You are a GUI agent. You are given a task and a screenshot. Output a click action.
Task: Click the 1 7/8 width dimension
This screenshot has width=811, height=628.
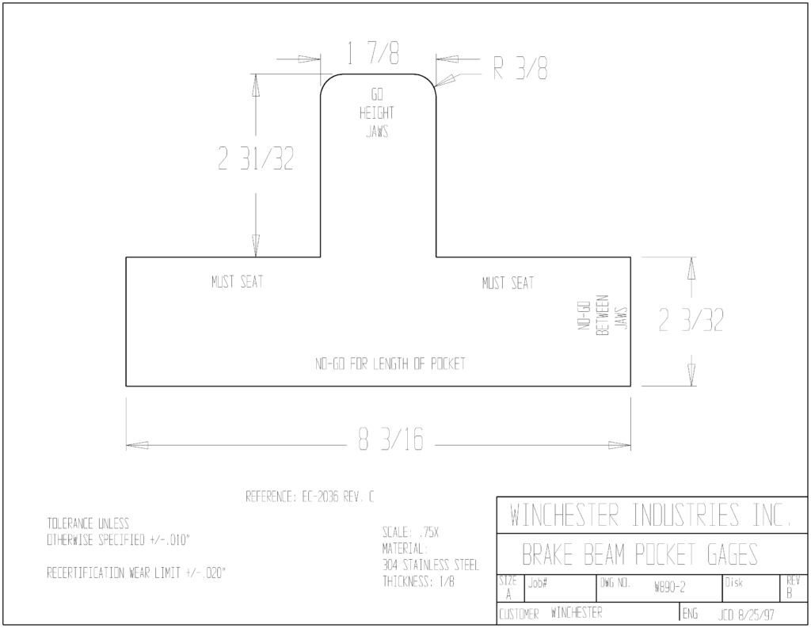point(373,53)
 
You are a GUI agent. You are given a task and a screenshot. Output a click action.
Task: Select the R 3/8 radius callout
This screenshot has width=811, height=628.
point(520,68)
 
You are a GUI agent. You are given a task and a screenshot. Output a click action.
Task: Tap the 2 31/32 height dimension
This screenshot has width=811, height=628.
point(256,158)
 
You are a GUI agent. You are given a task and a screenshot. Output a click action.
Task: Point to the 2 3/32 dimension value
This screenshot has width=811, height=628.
point(691,320)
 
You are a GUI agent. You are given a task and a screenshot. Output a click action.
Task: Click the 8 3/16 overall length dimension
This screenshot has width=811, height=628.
point(391,439)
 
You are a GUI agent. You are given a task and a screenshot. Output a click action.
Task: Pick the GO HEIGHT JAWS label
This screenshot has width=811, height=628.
point(377,112)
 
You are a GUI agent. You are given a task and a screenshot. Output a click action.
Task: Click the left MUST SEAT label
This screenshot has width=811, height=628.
point(238,282)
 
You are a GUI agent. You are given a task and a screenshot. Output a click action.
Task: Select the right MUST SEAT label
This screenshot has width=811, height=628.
point(508,283)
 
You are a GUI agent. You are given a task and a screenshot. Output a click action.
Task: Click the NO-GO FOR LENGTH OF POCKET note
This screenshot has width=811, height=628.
point(390,363)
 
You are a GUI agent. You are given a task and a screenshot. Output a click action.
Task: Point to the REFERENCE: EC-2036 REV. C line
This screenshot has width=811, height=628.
point(310,497)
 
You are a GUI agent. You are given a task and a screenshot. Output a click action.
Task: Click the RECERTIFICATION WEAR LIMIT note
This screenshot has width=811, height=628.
point(136,573)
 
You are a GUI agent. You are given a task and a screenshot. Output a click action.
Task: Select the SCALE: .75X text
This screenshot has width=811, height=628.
point(411,532)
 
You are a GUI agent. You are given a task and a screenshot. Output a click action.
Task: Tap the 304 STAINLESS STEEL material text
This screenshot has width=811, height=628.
point(431,565)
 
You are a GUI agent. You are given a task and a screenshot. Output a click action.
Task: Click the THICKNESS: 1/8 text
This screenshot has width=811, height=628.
point(419,581)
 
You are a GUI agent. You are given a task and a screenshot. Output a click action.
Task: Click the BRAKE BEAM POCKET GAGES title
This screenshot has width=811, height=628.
point(640,554)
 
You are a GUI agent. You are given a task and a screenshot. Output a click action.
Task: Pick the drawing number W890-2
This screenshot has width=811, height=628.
point(670,587)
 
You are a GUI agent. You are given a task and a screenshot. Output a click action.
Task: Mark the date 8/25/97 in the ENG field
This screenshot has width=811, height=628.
point(756,615)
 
